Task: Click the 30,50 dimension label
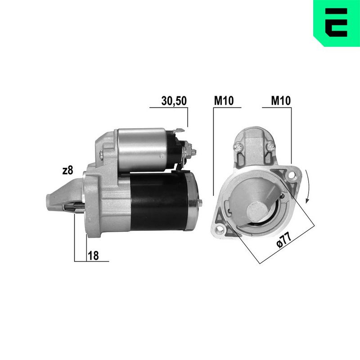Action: pyautogui.click(x=174, y=102)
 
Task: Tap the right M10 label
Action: pyautogui.click(x=280, y=102)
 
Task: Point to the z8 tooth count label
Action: pyautogui.click(x=67, y=171)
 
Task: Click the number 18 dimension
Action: pyautogui.click(x=93, y=255)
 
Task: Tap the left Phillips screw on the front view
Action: pyautogui.click(x=239, y=146)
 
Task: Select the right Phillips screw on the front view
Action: pyautogui.click(x=270, y=146)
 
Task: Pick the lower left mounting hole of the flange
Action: pyautogui.click(x=220, y=230)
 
